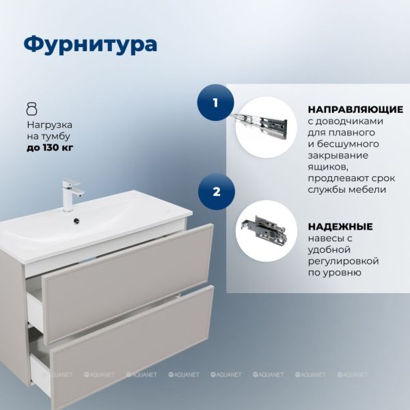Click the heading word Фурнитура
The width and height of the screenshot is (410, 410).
click(90, 45)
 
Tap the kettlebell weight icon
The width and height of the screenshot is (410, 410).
click(32, 109)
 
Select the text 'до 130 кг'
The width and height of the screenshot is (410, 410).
click(50, 148)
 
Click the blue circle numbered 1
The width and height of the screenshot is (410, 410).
click(215, 102)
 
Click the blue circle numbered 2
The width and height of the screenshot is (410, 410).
click(216, 191)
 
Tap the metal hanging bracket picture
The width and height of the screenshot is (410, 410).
click(264, 229)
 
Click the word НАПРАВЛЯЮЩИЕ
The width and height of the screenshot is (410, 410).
click(355, 109)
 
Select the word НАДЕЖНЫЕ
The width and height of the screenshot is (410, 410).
click(340, 226)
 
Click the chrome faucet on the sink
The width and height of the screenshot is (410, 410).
click(71, 194)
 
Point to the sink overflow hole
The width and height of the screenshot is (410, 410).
click(77, 220)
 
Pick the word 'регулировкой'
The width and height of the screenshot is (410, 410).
click(343, 261)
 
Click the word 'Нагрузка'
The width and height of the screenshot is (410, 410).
click(49, 125)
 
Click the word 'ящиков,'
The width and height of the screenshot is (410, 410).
click(328, 167)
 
